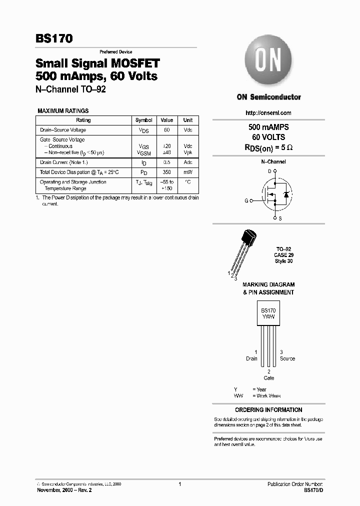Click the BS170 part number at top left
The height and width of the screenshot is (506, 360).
point(54,38)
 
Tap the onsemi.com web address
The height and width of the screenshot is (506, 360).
point(268,113)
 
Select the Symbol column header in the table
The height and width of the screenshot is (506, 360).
point(144,120)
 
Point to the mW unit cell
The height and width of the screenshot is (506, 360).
point(188,172)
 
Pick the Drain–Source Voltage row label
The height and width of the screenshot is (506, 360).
point(63,130)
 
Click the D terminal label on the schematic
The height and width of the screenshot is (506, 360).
point(269,171)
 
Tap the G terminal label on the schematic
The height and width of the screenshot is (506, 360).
point(246,200)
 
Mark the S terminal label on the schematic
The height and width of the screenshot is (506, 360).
point(279,218)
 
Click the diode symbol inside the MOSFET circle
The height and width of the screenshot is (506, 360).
point(285,194)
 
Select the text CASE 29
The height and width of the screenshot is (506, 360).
point(283,255)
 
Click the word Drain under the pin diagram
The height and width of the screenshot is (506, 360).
point(251,358)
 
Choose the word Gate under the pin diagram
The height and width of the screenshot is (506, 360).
point(269,378)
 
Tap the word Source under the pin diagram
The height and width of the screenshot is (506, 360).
point(287,358)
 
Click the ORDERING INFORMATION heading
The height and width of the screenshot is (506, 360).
point(268,409)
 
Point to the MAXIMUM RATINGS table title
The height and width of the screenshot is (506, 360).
point(63,111)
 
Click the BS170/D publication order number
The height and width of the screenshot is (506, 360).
point(313,490)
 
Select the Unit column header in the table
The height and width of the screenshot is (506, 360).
point(188,120)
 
